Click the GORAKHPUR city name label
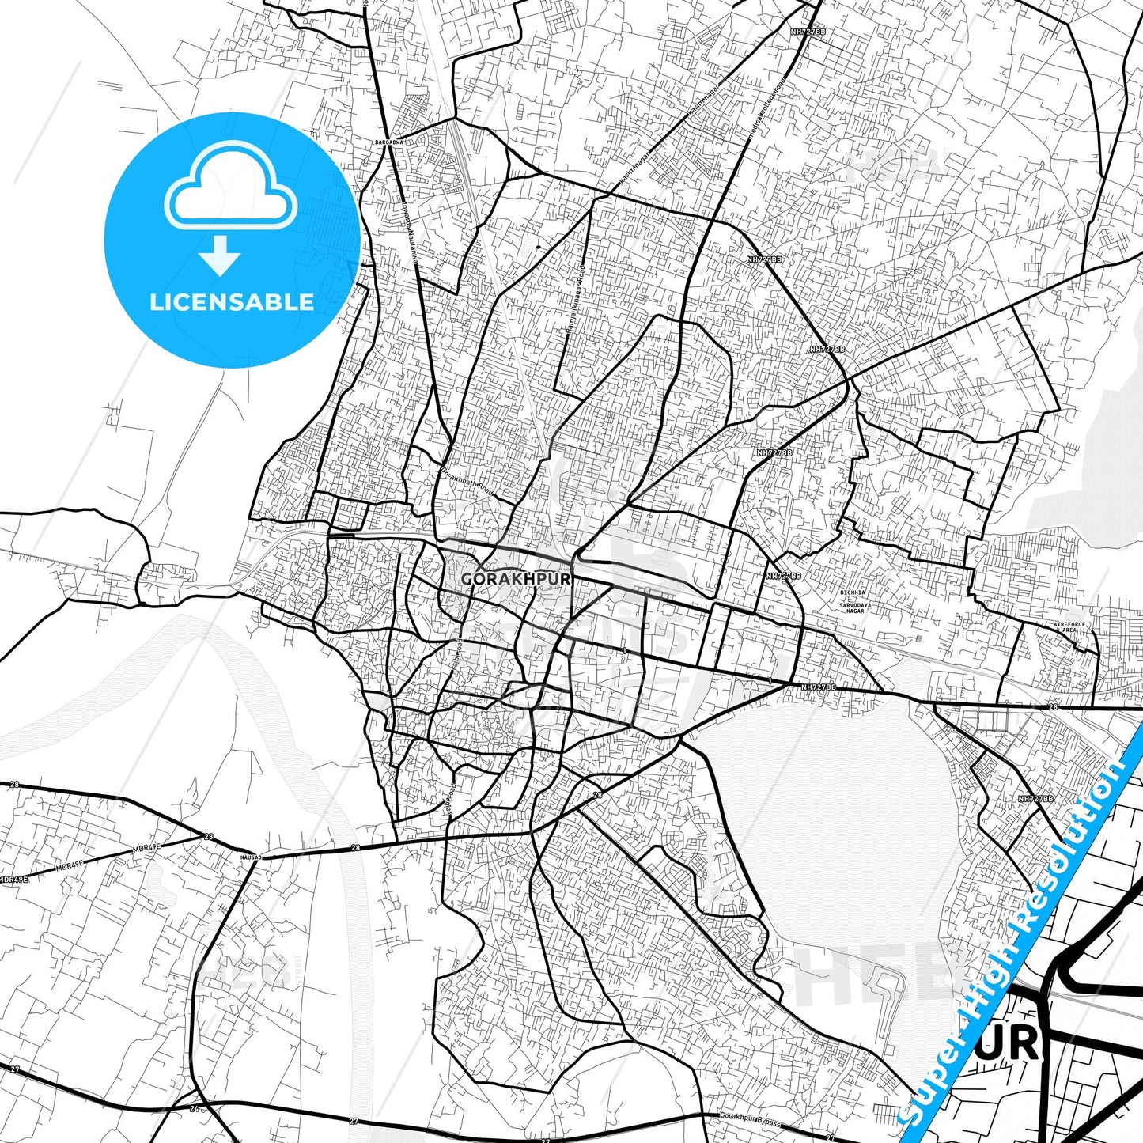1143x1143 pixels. point(515,579)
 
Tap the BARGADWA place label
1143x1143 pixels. point(389,142)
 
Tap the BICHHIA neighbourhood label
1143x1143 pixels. point(852,592)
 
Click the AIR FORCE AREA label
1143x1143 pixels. point(1069,627)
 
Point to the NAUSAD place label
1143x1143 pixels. point(250,856)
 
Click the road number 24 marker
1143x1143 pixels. point(195,1108)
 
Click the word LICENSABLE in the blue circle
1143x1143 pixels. point(231,302)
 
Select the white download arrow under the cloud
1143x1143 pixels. point(220,254)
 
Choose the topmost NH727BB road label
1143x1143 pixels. point(808,32)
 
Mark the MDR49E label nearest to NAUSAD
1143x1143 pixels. point(146,847)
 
